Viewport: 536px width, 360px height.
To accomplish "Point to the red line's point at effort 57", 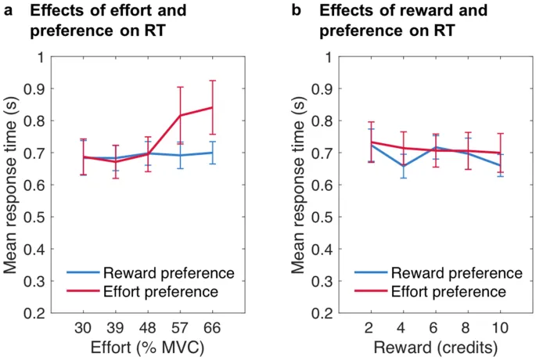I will [181, 116].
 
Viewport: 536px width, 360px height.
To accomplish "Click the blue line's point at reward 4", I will [404, 166].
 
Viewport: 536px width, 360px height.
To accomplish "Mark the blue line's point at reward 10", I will [500, 165].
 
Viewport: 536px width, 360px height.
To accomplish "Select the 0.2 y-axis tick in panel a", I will [41, 313].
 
